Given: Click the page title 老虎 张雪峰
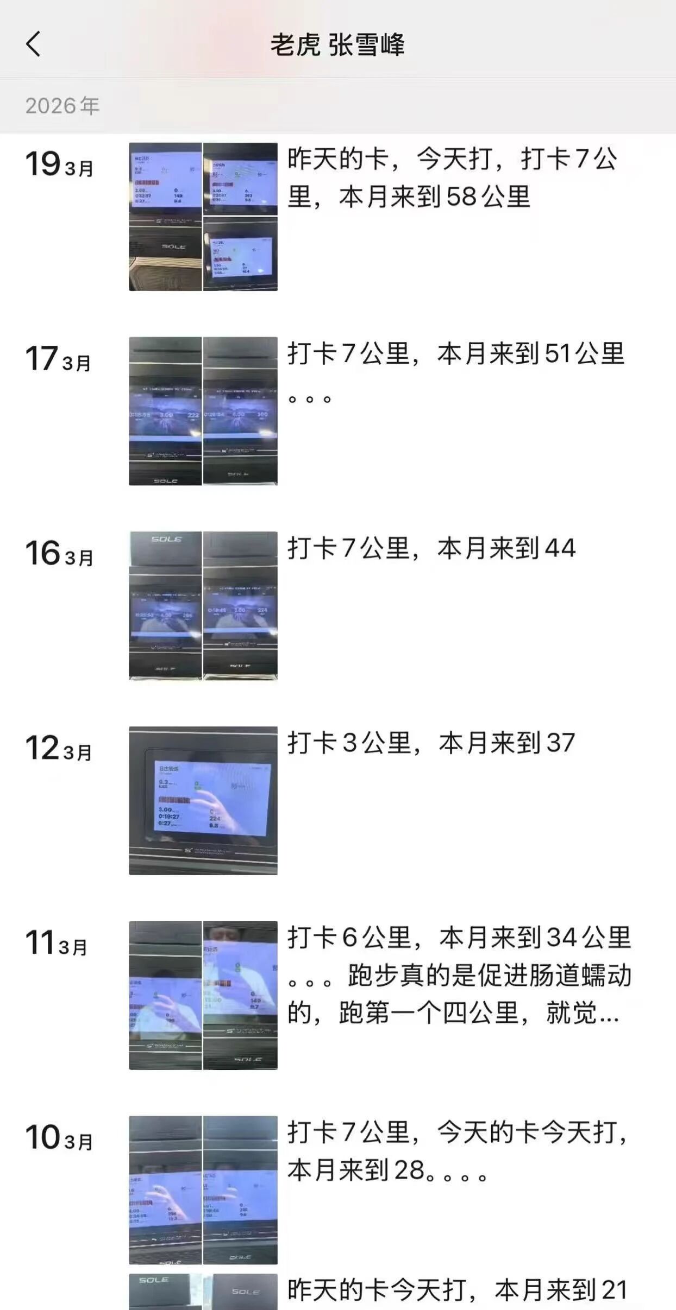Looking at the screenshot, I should pos(337,45).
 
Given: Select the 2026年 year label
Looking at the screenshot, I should pos(62,106).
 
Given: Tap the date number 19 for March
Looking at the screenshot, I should pos(42,164).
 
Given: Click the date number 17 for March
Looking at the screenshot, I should pos(41,359).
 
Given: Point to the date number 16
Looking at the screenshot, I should pos(42,553).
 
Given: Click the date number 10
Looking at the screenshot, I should pos(42,1137).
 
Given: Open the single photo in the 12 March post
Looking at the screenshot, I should pos(203,800).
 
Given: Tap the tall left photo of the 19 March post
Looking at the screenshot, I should pos(165,217).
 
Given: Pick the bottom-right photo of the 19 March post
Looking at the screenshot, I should pos(240,254).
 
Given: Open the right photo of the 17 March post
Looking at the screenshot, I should pos(240,410).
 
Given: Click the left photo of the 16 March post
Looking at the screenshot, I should pos(165,605).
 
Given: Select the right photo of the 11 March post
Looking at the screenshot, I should pos(240,995).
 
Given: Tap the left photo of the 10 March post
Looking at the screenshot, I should pos(165,1190).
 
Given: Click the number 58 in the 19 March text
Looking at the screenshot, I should pos(461,197).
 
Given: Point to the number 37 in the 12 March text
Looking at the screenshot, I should pos(560,743).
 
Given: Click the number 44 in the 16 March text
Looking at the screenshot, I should pos(560,548).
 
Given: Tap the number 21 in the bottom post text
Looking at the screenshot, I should pos(614,1290).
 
